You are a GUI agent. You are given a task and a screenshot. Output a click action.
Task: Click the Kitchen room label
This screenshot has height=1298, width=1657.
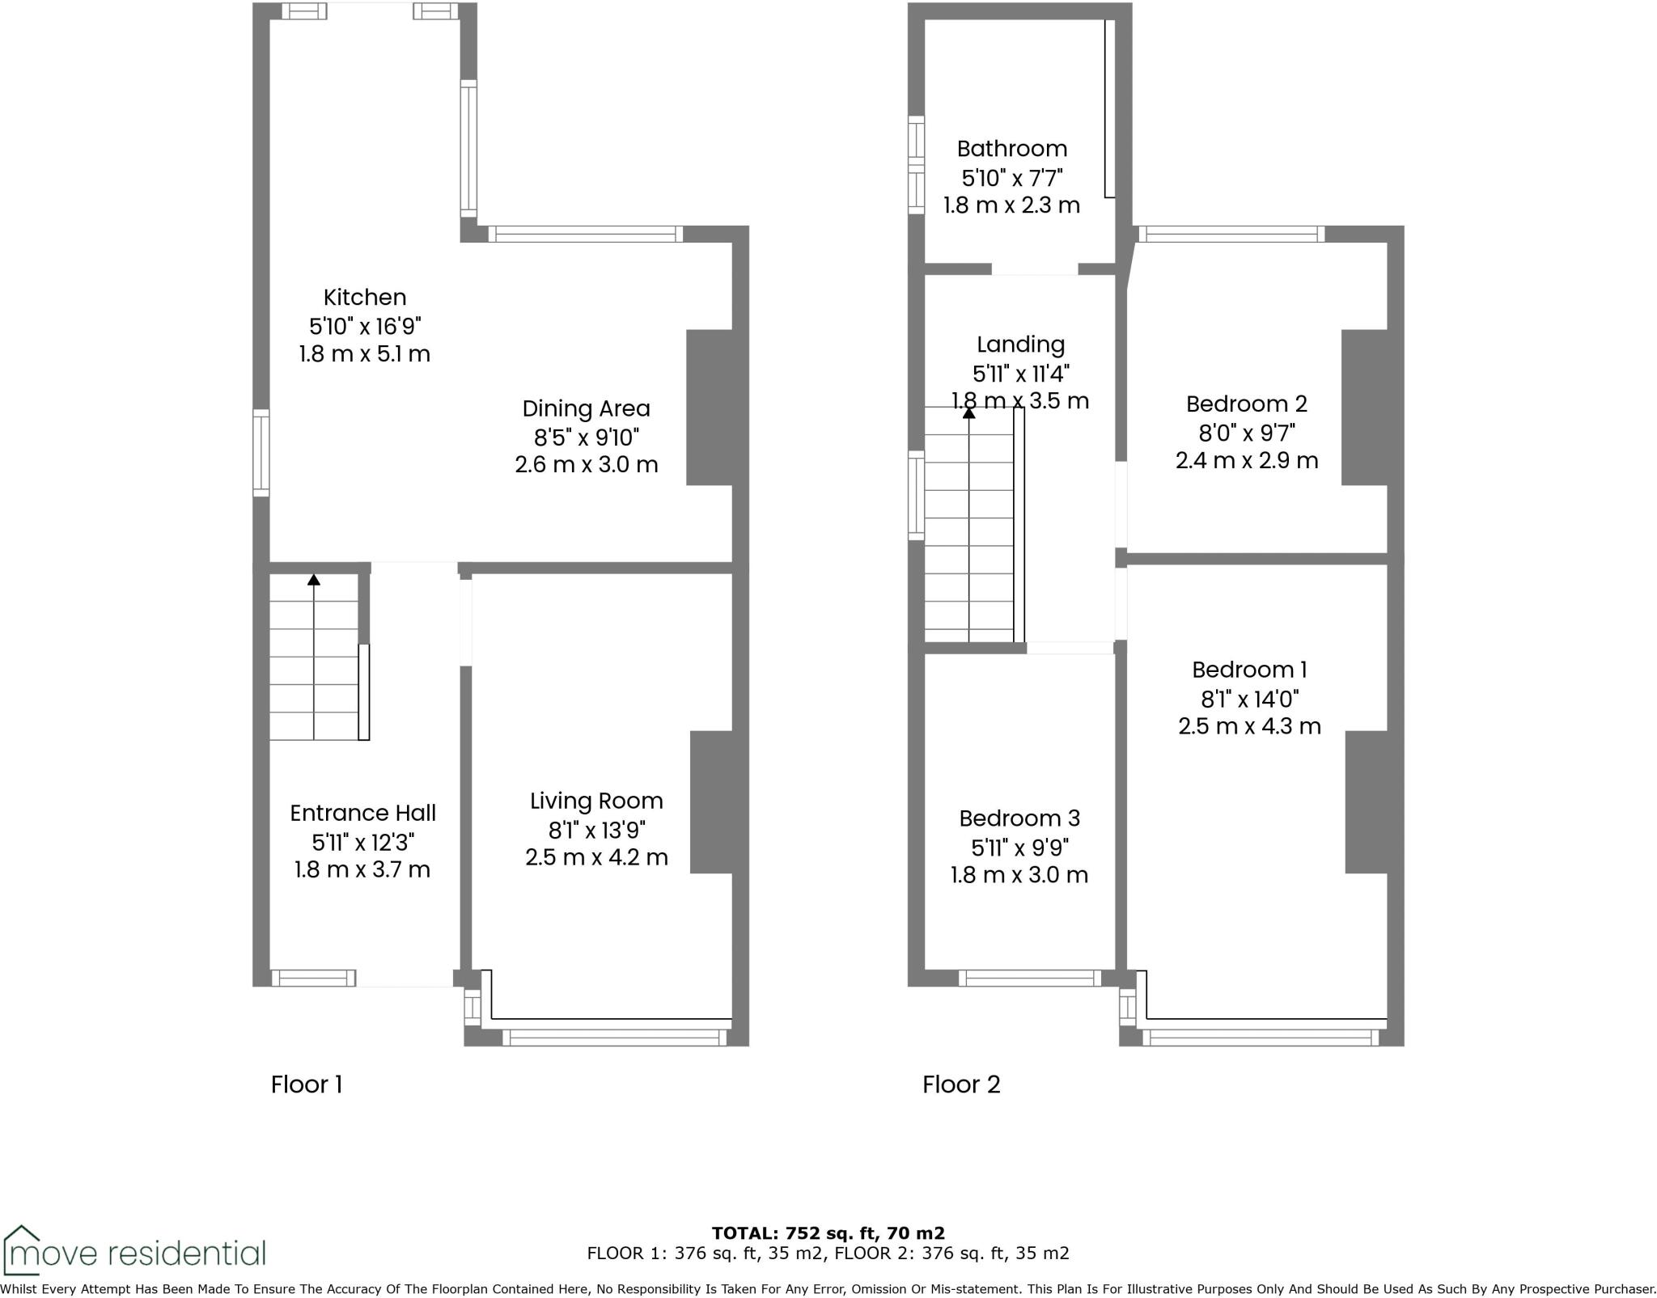tap(365, 298)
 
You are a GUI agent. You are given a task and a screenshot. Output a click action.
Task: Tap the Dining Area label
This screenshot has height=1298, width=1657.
tap(586, 409)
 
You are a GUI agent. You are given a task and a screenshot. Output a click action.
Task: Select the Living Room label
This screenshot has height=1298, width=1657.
tap(596, 801)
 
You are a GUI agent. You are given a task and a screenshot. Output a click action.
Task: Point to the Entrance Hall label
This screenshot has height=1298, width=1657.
tap(362, 814)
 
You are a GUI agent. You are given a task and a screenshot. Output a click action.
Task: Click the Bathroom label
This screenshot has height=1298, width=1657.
tap(1011, 149)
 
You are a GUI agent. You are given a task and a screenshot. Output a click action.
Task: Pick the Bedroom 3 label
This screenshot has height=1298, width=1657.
tap(1019, 818)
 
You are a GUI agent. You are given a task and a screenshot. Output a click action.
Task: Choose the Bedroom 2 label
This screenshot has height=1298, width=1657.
tap(1246, 404)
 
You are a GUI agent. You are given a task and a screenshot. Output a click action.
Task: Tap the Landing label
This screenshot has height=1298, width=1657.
tap(1020, 345)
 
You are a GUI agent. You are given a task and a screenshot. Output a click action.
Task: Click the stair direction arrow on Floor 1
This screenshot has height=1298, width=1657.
tap(314, 580)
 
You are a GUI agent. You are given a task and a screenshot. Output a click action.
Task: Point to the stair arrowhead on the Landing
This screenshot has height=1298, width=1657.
tap(968, 413)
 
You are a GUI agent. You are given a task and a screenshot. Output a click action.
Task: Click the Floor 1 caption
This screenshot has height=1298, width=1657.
tap(307, 1084)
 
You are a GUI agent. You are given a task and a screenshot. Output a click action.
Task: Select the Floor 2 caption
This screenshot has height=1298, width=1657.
tap(961, 1084)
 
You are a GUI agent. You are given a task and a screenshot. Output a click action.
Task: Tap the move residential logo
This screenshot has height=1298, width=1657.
tap(134, 1253)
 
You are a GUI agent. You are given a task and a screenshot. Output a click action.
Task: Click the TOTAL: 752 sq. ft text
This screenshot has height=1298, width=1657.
tap(828, 1233)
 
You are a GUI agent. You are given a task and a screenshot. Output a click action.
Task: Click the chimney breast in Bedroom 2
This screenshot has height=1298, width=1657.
tap(1364, 408)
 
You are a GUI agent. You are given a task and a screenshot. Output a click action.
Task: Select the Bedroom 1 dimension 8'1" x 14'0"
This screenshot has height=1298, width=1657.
tap(1249, 699)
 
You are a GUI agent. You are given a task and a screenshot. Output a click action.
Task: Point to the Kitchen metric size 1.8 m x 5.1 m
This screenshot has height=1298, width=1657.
tap(365, 354)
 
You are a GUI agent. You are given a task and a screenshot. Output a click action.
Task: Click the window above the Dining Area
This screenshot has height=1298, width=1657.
tap(586, 235)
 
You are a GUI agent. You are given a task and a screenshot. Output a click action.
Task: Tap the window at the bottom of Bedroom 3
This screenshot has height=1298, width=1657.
tap(1029, 979)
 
